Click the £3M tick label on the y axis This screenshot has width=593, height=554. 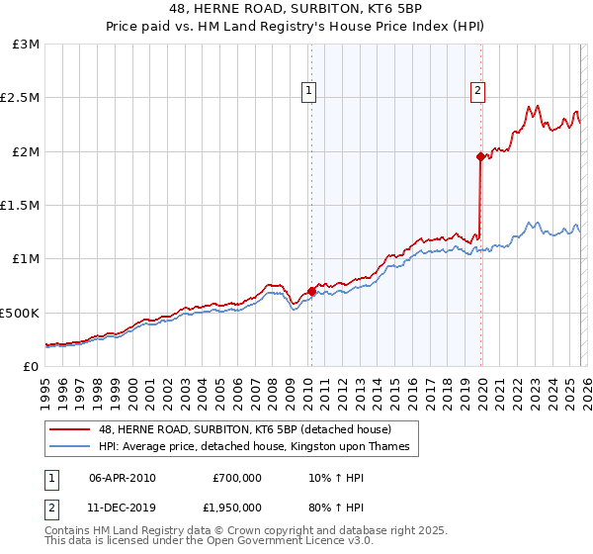click(x=27, y=45)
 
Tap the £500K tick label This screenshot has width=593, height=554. click(x=20, y=313)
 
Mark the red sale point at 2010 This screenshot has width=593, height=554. click(x=311, y=291)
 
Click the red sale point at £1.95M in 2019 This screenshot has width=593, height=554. click(x=480, y=156)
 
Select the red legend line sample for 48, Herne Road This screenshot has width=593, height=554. click(x=71, y=429)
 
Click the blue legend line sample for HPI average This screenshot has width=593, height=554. click(x=71, y=447)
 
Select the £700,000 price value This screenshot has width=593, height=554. click(x=237, y=478)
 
